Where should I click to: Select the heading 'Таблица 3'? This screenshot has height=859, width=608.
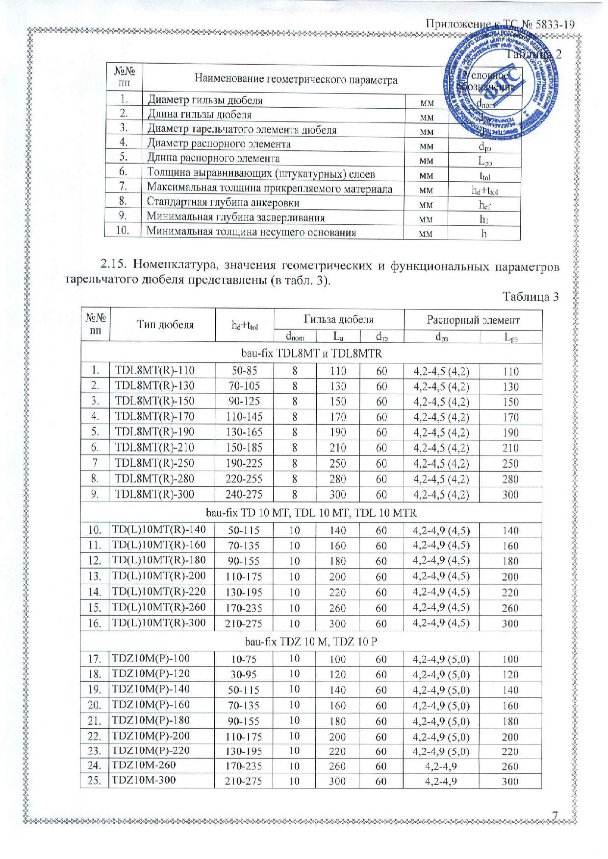[x=531, y=297]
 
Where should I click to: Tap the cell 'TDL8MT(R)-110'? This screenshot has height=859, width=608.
[x=154, y=370]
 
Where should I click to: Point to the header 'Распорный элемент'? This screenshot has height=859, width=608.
[x=473, y=320]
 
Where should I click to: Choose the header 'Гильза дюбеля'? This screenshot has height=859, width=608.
[x=339, y=320]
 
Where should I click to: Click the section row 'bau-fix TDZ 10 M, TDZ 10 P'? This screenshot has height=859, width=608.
[x=311, y=642]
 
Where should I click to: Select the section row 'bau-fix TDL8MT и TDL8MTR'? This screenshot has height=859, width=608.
[x=311, y=353]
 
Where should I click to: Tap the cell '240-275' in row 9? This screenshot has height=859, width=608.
[x=244, y=495]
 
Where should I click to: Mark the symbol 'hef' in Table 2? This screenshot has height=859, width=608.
[x=484, y=205]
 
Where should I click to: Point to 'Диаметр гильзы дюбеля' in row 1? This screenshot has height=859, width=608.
[x=205, y=100]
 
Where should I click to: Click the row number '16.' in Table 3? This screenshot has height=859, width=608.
[x=95, y=623]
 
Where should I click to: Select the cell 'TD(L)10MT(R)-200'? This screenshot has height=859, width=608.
[x=159, y=576]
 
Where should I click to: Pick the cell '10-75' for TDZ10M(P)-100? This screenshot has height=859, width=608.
[x=244, y=660]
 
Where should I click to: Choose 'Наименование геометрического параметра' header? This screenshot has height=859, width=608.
[x=296, y=79]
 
